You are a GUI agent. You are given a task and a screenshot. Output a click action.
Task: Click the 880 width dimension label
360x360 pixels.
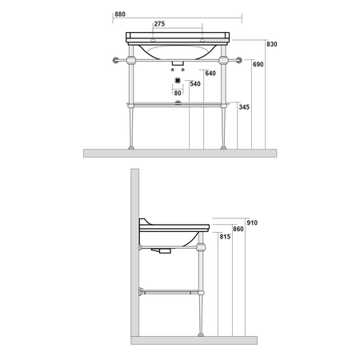[x=120, y=14]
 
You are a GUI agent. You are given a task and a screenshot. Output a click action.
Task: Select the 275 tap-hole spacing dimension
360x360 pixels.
[x=159, y=24]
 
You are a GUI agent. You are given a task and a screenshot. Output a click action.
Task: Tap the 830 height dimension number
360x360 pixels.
[x=272, y=44]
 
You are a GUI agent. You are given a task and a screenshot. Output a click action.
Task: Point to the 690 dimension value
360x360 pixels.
[x=258, y=64]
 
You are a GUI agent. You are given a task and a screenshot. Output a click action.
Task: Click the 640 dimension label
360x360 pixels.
[x=210, y=73]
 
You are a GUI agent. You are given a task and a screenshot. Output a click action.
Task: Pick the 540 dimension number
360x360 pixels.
[x=195, y=84]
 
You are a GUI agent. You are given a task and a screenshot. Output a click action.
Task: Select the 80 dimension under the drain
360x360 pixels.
[x=178, y=93]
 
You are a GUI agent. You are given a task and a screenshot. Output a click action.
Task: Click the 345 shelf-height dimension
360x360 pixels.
[x=244, y=107]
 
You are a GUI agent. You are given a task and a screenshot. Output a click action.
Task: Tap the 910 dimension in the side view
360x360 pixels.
[x=252, y=222]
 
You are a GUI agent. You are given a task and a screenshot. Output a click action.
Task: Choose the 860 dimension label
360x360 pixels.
[x=238, y=229]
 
